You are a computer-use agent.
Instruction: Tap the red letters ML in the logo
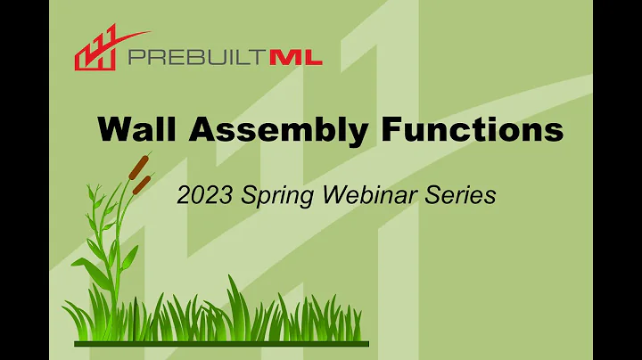click(297, 59)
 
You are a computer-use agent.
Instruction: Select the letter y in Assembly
click(356, 134)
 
